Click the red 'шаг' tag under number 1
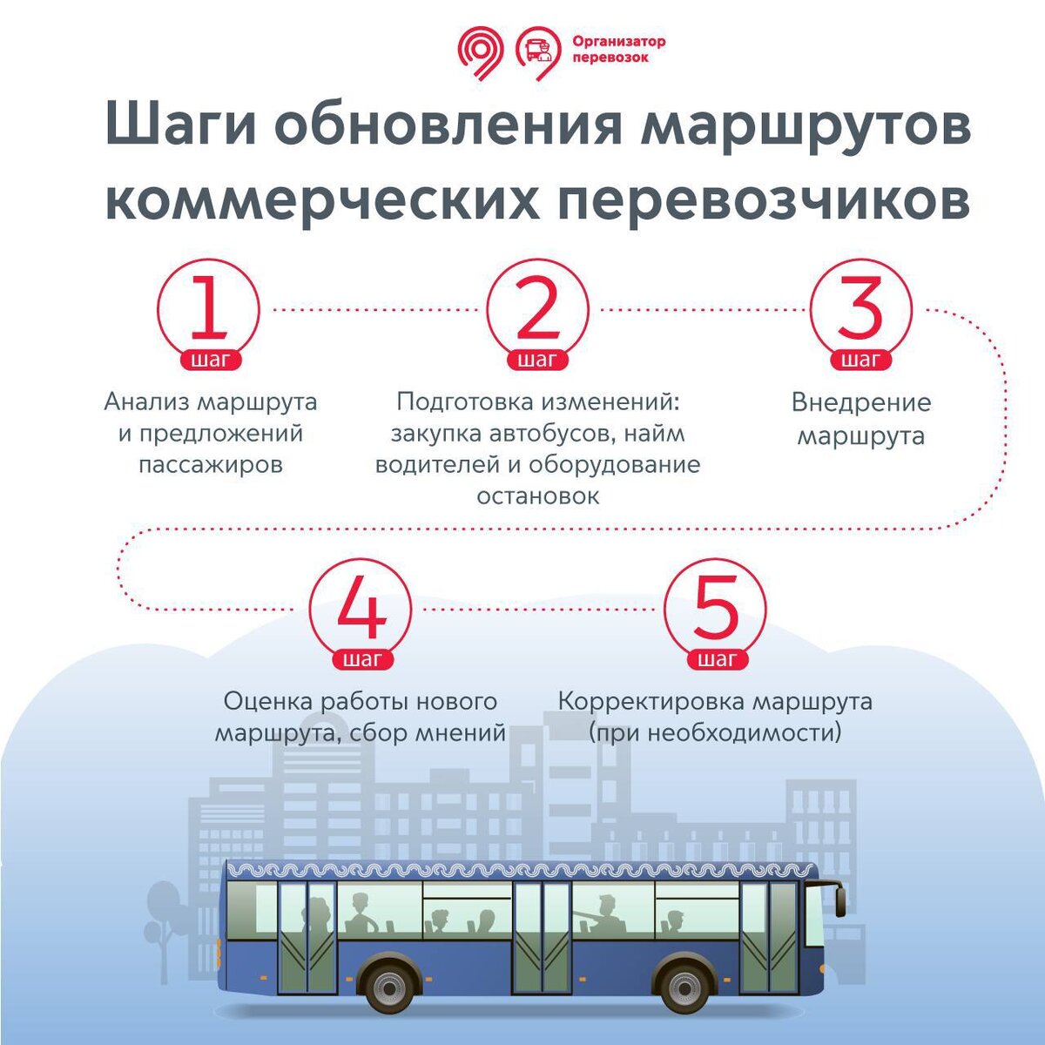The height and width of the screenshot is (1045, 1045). tap(208, 360)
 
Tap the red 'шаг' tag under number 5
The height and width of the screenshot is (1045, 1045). tap(716, 659)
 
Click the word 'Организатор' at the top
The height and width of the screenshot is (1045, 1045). tap(619, 41)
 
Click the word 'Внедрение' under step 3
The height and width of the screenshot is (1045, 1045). tap(860, 403)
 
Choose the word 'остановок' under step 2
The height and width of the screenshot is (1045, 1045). tap(537, 496)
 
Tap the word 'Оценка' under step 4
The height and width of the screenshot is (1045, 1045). tap(267, 701)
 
